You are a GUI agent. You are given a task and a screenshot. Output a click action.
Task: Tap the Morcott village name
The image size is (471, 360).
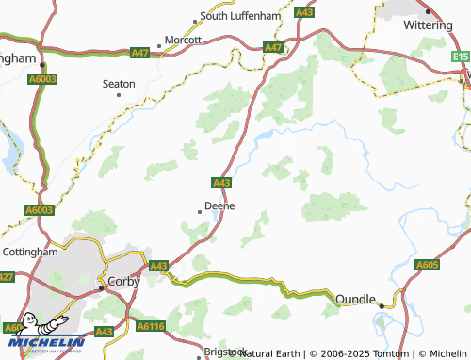184,41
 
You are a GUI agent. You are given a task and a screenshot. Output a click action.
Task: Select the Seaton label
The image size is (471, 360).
119,84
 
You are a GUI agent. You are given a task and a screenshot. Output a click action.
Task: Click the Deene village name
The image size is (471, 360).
219,205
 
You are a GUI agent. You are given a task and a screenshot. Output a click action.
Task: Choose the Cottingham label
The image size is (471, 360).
30,253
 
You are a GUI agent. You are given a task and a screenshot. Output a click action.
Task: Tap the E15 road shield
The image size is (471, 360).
461,57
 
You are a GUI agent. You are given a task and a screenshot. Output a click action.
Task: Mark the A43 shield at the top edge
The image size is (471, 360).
303,12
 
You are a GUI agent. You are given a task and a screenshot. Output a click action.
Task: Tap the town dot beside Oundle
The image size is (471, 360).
382,305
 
